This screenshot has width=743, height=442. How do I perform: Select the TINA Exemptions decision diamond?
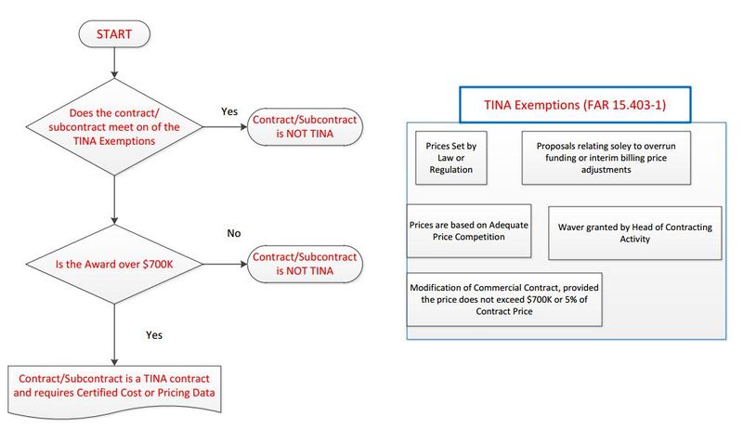pos(112,127)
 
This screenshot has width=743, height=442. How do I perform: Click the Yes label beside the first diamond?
pos(229,110)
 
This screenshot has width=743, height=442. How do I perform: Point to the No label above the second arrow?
pos(234,232)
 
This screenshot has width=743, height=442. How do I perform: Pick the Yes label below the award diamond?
pos(156,332)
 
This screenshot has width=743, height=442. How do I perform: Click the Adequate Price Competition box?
pos(469,230)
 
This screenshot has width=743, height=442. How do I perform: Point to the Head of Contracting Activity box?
pos(635,231)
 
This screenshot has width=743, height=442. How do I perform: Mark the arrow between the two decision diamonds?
pos(112,198)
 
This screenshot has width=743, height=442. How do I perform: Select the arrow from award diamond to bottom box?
pos(112,334)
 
